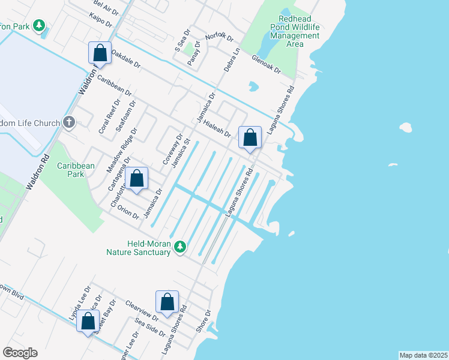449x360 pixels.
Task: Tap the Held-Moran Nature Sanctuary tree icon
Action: click(179, 247)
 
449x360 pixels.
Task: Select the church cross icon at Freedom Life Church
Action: click(69, 123)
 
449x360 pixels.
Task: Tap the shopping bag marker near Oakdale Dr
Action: click(100, 53)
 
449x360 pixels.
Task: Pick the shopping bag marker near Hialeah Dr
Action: click(250, 137)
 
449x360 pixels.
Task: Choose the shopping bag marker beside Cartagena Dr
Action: click(137, 178)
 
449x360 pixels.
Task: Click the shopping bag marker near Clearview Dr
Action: click(167, 302)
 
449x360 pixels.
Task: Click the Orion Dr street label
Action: click(127, 212)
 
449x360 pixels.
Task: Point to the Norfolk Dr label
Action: click(218, 37)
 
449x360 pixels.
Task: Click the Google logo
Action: click(20, 352)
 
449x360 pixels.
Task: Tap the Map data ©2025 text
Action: click(423, 355)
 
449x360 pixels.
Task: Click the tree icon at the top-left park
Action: click(39, 25)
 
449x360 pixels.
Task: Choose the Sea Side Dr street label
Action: click(150, 328)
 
